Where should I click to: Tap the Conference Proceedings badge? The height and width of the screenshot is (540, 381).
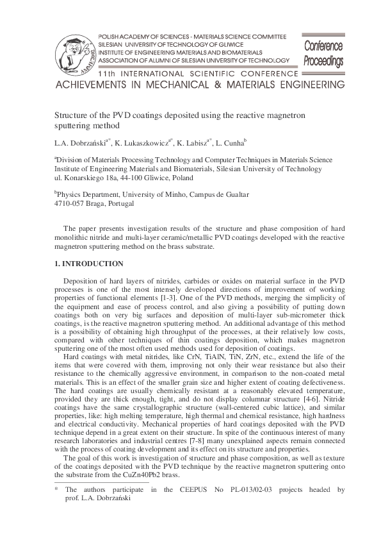(x=323, y=53)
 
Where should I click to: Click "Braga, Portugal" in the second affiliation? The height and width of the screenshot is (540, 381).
(x=110, y=203)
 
